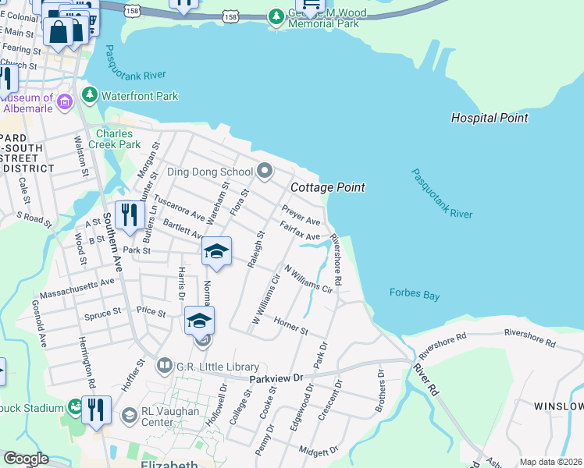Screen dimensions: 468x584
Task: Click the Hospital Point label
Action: (490, 118)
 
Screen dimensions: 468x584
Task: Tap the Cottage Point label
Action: (328, 187)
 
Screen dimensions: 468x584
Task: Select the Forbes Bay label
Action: (414, 293)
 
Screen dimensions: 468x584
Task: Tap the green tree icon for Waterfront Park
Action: (91, 96)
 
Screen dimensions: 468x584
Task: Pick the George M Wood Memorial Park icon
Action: (276, 16)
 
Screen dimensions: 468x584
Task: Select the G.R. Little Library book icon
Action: (164, 364)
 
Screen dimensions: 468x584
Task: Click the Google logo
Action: (26, 459)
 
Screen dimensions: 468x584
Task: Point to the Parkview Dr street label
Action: (276, 378)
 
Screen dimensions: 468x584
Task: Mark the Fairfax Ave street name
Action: (301, 232)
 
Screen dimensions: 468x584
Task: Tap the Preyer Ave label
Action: (301, 216)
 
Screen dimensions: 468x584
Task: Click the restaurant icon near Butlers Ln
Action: (127, 214)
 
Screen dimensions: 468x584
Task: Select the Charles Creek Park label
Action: (118, 139)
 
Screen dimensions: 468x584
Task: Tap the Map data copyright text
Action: (551, 462)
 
